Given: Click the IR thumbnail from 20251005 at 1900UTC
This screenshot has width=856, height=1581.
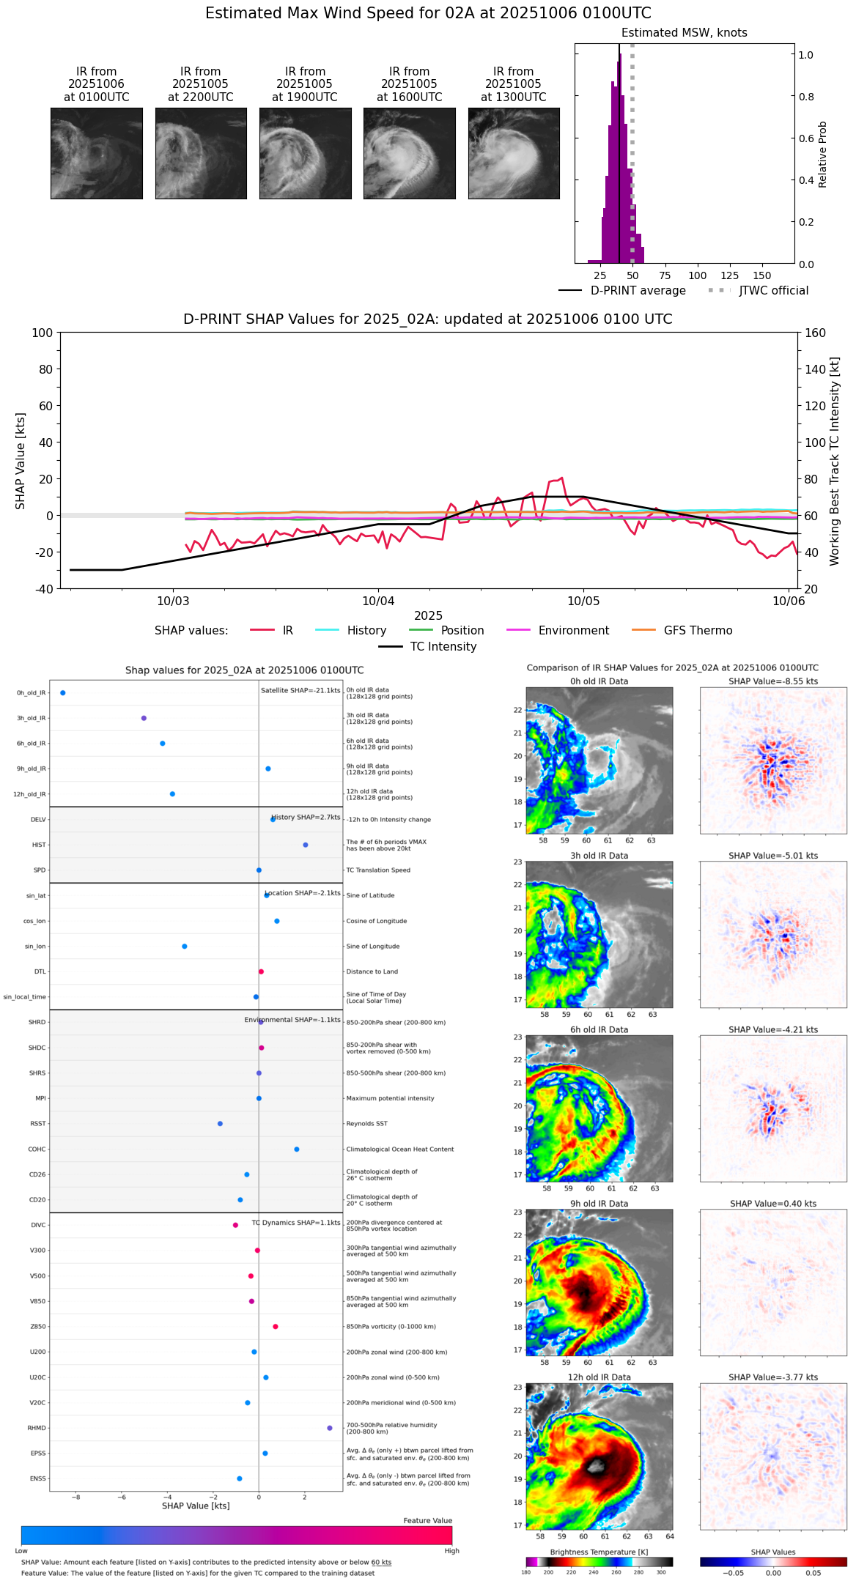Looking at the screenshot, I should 305,153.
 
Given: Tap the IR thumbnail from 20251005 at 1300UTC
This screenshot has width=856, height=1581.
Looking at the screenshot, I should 514,153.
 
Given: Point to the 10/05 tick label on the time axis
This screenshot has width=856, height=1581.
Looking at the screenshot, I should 583,601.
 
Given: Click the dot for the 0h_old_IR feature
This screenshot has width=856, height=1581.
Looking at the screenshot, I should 63,693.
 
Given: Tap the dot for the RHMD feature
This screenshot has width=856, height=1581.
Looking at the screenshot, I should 330,1428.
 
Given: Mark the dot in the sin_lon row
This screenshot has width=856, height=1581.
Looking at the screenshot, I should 185,947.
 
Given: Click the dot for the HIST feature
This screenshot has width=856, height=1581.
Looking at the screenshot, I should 306,845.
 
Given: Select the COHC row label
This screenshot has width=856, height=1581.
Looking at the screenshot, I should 37,1149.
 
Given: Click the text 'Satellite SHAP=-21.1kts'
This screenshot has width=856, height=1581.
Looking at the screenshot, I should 300,690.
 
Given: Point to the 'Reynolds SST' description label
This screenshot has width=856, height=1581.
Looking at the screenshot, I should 367,1124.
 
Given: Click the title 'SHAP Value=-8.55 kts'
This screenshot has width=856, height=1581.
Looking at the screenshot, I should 773,681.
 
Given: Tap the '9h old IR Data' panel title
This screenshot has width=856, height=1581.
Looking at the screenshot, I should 599,1204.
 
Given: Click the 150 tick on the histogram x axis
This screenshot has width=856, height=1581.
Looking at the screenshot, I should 762,276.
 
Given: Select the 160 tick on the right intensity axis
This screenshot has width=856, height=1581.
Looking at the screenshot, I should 815,333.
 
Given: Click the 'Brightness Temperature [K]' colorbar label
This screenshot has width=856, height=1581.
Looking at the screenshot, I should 599,1552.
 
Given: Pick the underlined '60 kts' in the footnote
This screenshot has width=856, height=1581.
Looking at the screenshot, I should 381,1563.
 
